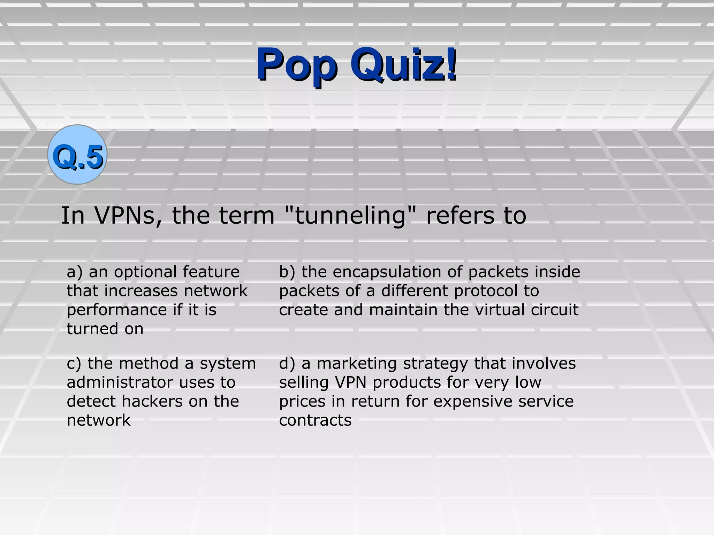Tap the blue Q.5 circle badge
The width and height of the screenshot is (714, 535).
[77, 155]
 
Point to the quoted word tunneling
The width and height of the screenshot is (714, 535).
[351, 216]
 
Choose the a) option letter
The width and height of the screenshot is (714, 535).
[75, 272]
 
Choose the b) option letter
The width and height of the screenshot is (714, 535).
[287, 272]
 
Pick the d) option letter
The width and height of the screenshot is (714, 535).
[287, 364]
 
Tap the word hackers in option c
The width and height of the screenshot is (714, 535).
[152, 401]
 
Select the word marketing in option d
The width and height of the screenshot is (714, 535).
[357, 364]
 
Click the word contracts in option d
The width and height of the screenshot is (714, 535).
[315, 420]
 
